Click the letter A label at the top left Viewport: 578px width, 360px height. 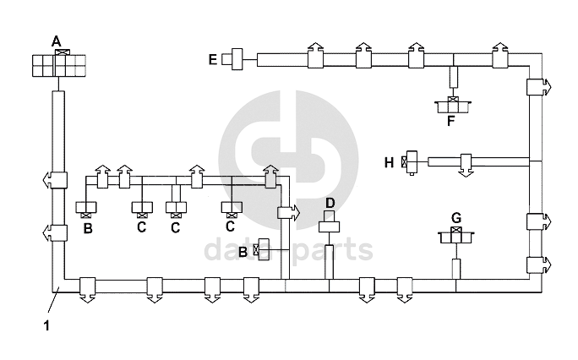[57, 41]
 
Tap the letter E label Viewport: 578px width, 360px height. [213, 59]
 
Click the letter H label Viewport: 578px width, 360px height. [389, 162]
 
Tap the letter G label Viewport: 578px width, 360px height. [456, 218]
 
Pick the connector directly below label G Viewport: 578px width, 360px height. [456, 237]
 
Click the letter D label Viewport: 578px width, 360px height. [330, 202]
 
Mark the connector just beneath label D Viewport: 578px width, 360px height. [330, 225]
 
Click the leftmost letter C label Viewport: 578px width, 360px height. [141, 227]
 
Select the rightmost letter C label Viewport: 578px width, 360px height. [230, 226]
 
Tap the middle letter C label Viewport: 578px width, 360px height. [176, 227]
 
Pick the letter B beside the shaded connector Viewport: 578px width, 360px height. [243, 251]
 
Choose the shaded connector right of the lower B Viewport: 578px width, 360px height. [261, 250]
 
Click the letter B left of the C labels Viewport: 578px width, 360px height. [88, 227]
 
